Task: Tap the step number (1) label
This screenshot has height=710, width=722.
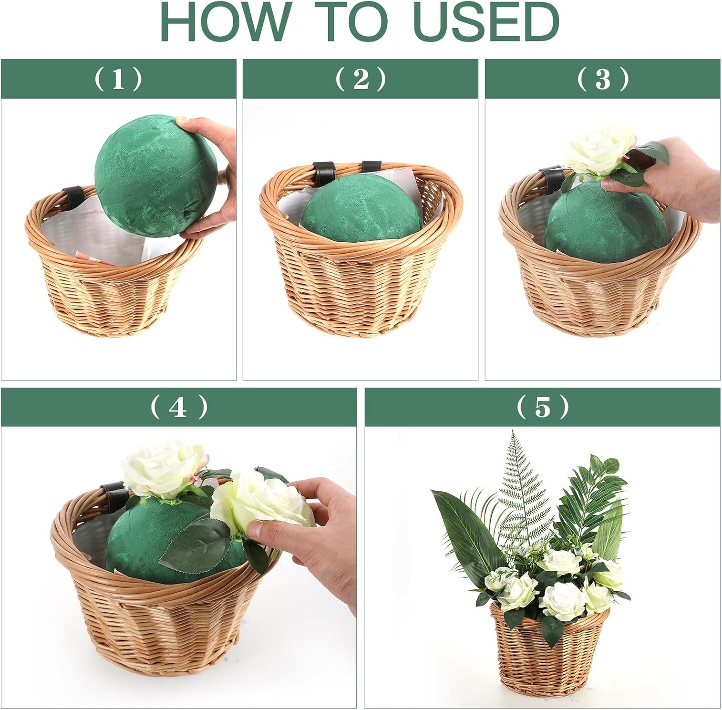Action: pyautogui.click(x=118, y=79)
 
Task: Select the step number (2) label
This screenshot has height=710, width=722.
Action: pyautogui.click(x=360, y=79)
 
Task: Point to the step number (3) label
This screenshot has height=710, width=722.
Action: pyautogui.click(x=603, y=79)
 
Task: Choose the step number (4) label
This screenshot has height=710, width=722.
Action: pyautogui.click(x=178, y=408)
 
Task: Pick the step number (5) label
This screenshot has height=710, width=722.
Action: pyautogui.click(x=543, y=408)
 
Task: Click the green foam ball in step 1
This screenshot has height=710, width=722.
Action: pyautogui.click(x=155, y=177)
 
